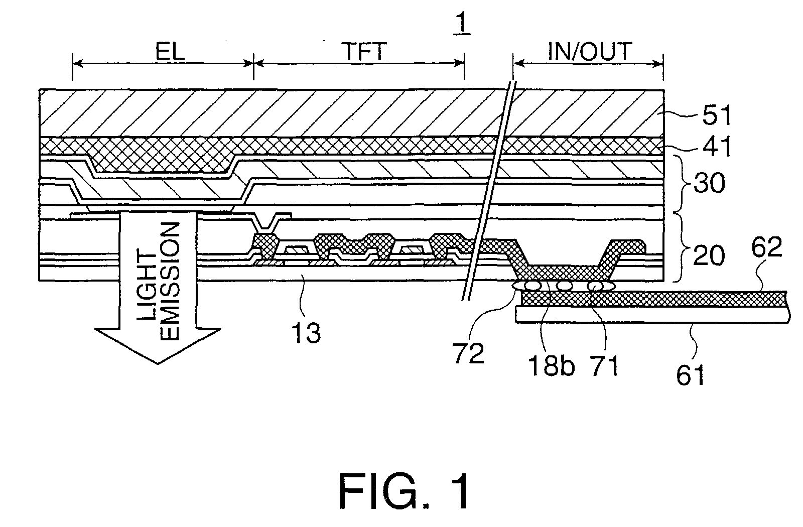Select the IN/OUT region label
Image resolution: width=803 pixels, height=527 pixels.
(590, 52)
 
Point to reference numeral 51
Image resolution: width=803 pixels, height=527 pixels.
(713, 115)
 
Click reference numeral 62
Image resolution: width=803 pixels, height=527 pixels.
(766, 248)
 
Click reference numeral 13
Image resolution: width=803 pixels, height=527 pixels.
(307, 332)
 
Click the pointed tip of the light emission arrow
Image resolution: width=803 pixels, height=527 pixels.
(158, 362)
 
